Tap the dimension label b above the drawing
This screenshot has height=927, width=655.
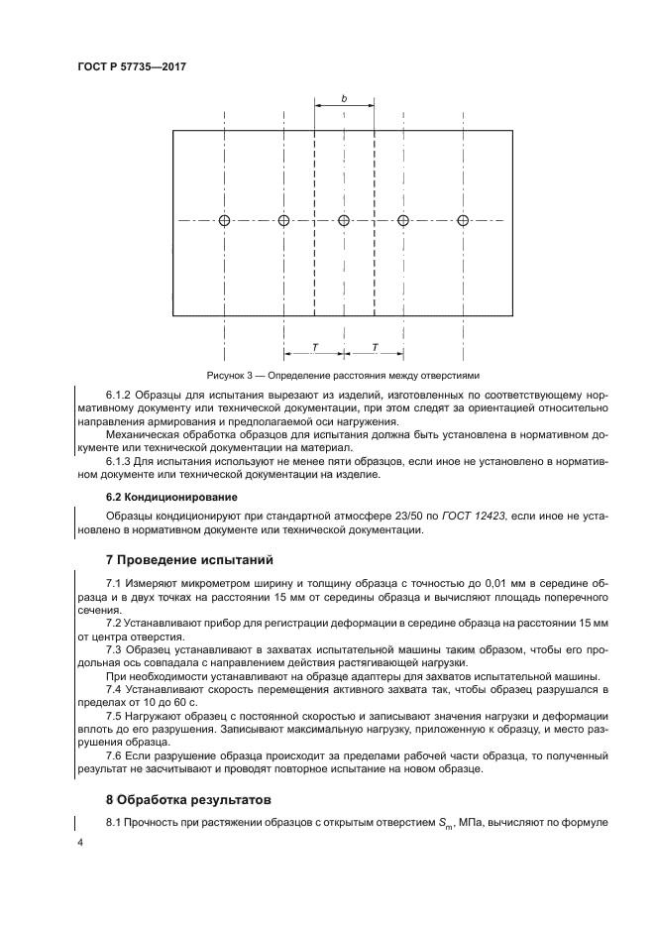(x=344, y=98)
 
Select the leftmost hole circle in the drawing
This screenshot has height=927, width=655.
(x=225, y=220)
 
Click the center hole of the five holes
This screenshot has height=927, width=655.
(x=344, y=220)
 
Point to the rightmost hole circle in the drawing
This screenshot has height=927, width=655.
(x=463, y=220)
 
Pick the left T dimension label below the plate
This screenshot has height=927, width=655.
(x=314, y=347)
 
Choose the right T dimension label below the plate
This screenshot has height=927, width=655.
(x=374, y=347)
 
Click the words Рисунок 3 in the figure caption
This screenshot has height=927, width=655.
(x=231, y=376)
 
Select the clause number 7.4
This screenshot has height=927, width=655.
(x=114, y=687)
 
